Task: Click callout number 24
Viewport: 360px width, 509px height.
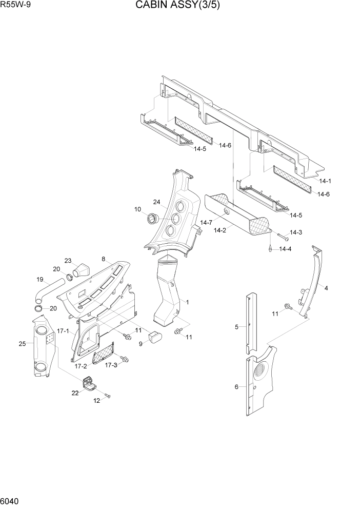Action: (157, 202)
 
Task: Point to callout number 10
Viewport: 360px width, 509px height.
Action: (137, 209)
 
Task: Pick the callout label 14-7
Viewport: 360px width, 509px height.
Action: (206, 223)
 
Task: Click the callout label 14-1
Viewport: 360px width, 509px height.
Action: (325, 181)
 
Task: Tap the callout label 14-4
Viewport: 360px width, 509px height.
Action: (285, 249)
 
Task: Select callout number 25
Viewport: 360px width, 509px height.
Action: (22, 343)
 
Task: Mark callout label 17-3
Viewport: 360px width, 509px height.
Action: (111, 365)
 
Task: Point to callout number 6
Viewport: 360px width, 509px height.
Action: (236, 386)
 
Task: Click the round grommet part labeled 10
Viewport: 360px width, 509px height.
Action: (152, 219)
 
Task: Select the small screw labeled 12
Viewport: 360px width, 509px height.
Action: (108, 396)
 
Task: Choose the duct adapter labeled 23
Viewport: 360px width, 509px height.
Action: (81, 270)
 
